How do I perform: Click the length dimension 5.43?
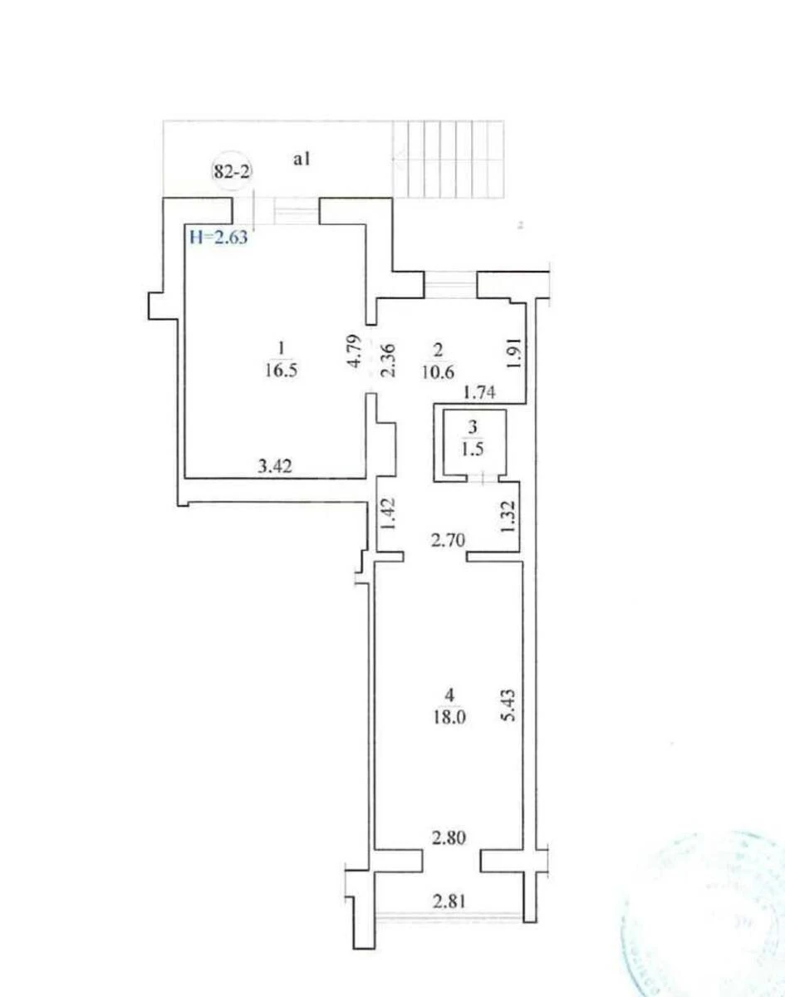pos(511,704)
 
